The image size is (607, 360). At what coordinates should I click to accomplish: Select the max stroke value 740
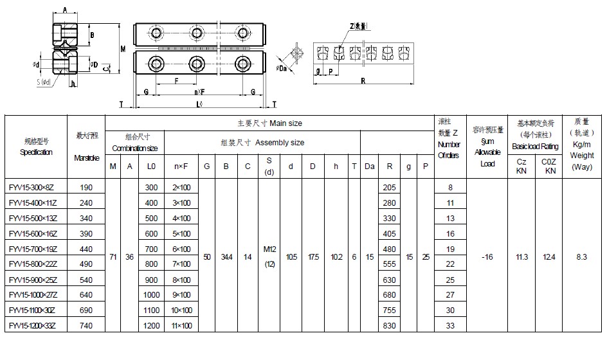(86, 327)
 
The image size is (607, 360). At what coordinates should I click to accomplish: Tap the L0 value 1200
(151, 327)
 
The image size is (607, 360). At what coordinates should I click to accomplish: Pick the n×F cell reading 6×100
(182, 249)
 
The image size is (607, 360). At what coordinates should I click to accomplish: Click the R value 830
(389, 327)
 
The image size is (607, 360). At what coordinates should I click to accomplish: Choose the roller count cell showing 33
(450, 327)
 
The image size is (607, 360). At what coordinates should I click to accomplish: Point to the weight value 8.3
(581, 257)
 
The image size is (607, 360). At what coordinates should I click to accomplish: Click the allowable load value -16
(487, 257)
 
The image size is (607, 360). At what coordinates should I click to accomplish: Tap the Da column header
(370, 166)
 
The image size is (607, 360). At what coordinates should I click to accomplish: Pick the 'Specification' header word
(36, 152)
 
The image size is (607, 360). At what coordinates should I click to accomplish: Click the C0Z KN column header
(550, 166)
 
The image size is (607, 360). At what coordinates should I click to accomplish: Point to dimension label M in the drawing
(123, 49)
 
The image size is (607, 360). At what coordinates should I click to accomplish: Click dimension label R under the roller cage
(363, 81)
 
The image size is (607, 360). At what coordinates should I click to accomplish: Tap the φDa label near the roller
(282, 68)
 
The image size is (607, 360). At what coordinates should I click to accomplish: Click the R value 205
(389, 188)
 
